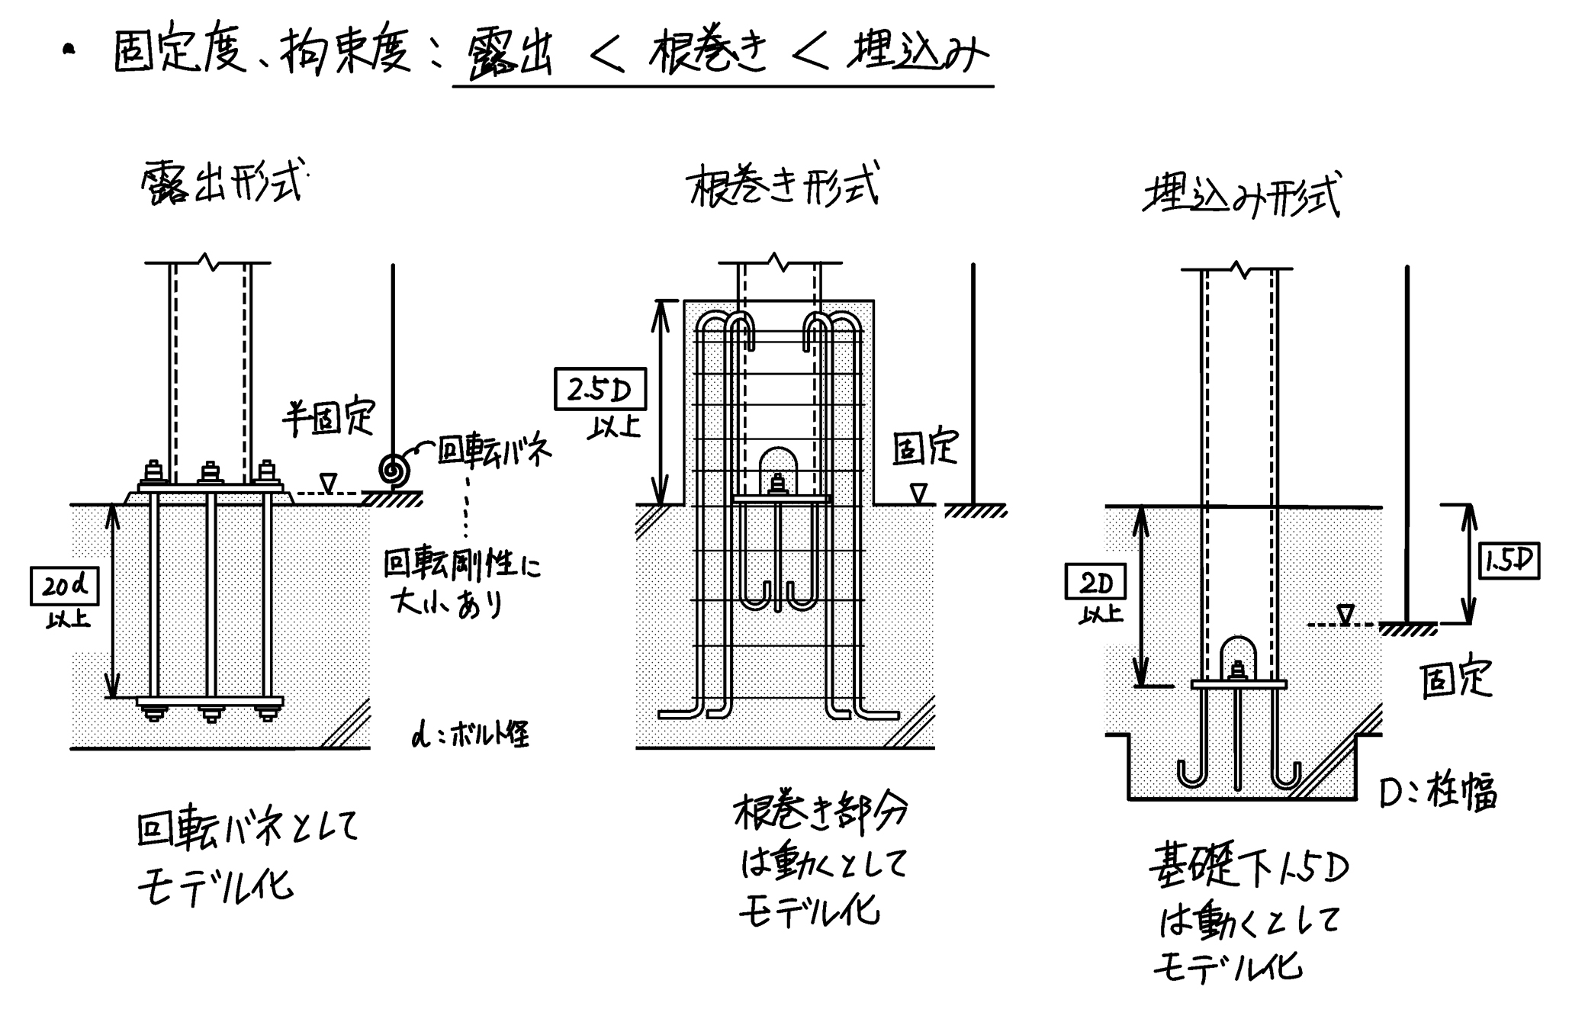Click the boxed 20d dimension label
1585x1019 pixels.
tap(65, 586)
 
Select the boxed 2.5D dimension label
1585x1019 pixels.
tap(600, 390)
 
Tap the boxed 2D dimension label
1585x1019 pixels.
tap(1095, 584)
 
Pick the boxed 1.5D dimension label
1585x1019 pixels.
tap(1509, 561)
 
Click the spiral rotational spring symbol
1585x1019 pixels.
tap(395, 469)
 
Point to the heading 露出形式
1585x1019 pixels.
tap(222, 183)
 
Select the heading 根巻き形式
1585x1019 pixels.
tap(784, 185)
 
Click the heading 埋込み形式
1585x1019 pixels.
tap(1241, 197)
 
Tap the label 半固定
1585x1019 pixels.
tap(329, 417)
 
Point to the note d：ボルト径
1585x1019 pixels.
tap(470, 735)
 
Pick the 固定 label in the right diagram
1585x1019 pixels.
tap(1455, 678)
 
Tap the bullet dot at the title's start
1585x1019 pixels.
tap(70, 51)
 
